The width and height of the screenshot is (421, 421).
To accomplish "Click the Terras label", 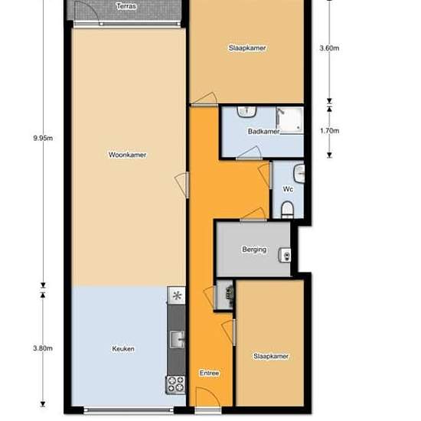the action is point(126,6).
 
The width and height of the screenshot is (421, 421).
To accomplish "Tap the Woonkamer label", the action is point(128,155).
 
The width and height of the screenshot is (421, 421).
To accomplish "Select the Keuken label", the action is point(123,348).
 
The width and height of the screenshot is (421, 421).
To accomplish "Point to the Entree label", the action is point(210,373).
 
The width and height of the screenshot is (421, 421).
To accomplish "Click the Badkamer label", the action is point(263,132).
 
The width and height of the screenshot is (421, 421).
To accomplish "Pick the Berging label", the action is point(254,250).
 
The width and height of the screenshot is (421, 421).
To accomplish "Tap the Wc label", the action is point(288,189).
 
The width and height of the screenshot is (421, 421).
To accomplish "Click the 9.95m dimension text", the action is point(43,138).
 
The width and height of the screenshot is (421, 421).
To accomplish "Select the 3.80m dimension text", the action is point(43,348).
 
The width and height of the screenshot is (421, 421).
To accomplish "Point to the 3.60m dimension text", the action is point(329,48).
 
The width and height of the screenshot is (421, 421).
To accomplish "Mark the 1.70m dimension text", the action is point(329,131).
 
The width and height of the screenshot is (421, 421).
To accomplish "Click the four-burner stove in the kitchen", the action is point(175,384).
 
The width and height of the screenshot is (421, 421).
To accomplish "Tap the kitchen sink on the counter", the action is point(178,340).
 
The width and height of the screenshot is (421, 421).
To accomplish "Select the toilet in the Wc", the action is point(287,209).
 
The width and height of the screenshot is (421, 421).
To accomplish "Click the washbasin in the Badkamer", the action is point(246,112).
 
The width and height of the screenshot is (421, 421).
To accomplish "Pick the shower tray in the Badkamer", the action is point(290,120).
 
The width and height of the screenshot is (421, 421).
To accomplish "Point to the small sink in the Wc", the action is point(299,174).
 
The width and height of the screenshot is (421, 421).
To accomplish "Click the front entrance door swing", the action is point(207,397).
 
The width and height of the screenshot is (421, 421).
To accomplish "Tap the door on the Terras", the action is point(86,12).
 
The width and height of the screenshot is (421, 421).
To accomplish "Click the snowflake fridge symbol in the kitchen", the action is point(176,295).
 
